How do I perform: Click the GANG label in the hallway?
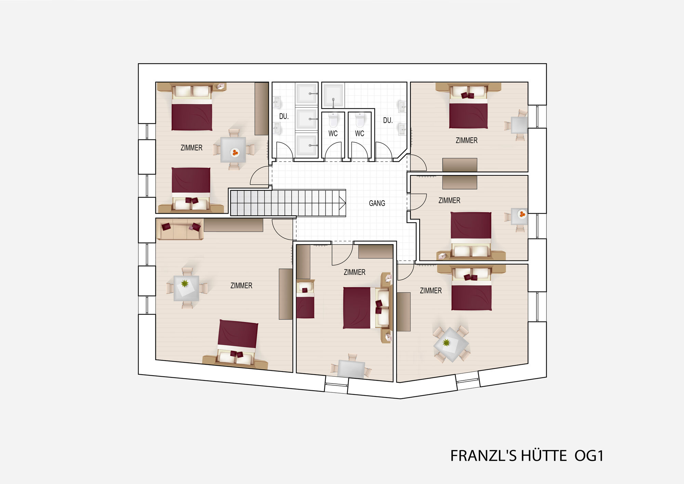pos(377,203)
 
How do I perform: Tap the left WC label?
pos(333,133)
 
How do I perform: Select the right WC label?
pos(359,133)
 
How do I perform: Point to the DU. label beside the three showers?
pos(284,116)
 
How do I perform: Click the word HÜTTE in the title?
pos(543,456)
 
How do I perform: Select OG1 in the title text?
pos(589,456)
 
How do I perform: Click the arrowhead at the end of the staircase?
pos(342,203)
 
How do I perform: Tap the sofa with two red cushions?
pos(180,229)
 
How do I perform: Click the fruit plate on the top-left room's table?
pos(235,152)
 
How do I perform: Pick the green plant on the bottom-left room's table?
pos(185,283)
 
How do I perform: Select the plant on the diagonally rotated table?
pos(446,342)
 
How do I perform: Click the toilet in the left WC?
pos(333,120)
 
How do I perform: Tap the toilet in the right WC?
pos(360,120)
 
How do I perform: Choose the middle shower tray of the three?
pos(306,119)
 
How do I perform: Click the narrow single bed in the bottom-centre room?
pos(305,299)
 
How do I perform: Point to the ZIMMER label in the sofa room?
pos(241,285)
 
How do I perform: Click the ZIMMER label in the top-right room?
pos(466,140)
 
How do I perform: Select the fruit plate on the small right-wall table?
pos(522,214)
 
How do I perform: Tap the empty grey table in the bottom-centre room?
pos(351,369)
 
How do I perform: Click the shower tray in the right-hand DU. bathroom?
pos(333,95)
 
